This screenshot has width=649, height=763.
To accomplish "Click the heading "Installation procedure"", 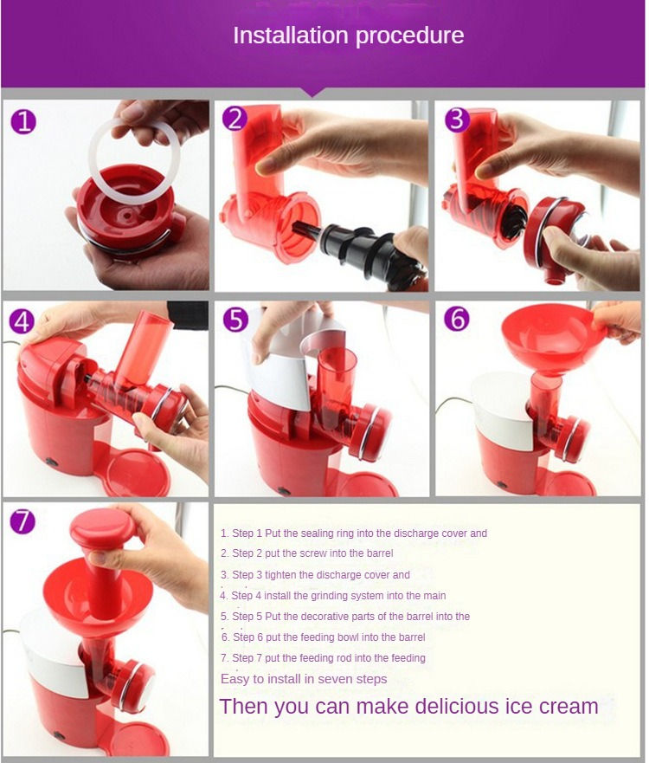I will point(348,36).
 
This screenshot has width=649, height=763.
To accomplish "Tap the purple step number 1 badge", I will point(23,120).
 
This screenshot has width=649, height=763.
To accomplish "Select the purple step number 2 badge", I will point(235,119).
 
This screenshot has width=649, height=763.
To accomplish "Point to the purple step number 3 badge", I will point(456,118).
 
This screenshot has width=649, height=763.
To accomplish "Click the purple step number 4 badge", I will point(22,321).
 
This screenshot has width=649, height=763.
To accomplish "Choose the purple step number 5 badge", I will point(235,320).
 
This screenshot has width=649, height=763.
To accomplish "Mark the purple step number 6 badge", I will point(456,319).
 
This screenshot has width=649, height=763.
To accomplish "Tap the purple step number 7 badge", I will point(23,521).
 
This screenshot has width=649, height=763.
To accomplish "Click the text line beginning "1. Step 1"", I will point(354,533).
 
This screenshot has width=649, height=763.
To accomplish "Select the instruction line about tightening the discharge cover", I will point(315,574).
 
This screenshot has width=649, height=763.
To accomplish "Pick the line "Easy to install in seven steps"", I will point(304,679).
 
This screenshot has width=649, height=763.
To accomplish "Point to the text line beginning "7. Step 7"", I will point(323,658).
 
